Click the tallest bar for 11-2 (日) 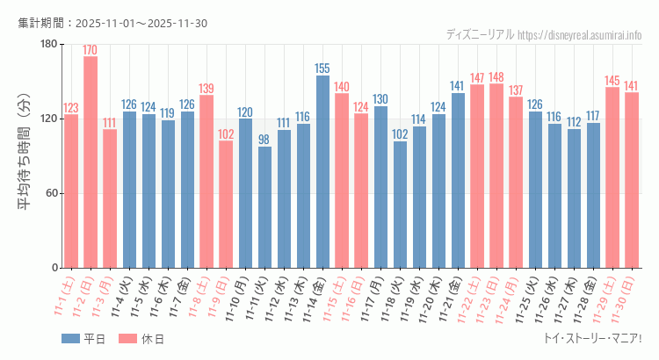click(x=91, y=162)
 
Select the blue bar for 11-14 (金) click(x=322, y=172)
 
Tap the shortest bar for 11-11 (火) click(x=264, y=207)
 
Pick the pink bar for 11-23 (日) click(x=496, y=176)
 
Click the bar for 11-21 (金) click(x=458, y=180)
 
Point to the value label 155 click(x=322, y=68)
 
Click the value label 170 click(x=91, y=49)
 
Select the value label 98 click(x=264, y=139)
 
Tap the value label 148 click(x=496, y=76)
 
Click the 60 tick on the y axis click(x=51, y=193)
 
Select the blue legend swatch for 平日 click(x=71, y=338)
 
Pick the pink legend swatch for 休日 click(x=128, y=338)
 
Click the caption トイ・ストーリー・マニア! click(x=592, y=338)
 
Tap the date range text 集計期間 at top click(x=112, y=22)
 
